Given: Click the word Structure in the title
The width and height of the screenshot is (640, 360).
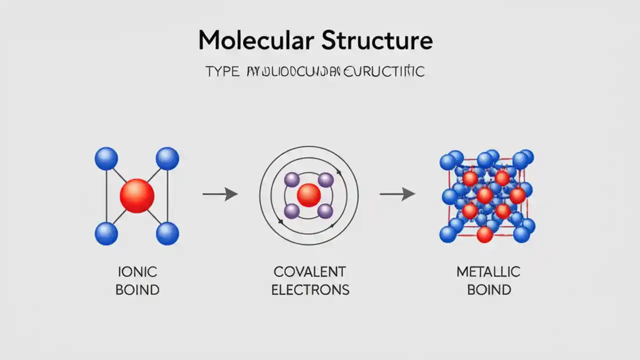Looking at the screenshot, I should pos(377,40).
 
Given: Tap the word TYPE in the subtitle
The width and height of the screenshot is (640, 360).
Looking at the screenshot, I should pos(222,71).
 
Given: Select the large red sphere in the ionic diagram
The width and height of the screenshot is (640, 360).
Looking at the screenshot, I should pos(137,195).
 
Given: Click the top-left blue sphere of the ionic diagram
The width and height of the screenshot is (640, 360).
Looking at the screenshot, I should pos(106,158).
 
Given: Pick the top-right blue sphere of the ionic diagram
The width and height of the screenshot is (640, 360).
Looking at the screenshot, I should pos(167,158).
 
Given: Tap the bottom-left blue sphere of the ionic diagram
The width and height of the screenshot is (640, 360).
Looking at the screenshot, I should pos(106,233).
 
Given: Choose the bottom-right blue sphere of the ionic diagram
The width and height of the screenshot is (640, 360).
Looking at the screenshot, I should pos(167,233).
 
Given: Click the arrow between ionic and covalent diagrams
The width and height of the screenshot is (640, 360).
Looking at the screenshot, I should pos(220,194).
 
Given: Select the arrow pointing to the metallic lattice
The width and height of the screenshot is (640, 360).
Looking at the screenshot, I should pos(397,194).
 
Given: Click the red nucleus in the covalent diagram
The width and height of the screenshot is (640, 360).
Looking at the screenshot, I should pos(308,195).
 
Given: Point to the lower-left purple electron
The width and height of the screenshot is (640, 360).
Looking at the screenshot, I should pos(291,211).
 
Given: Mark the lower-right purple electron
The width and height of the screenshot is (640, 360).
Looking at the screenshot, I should pos(325,211).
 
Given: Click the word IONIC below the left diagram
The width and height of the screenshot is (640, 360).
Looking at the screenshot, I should pos(137,272).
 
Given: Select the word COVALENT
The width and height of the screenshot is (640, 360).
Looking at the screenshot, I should pos(309,272).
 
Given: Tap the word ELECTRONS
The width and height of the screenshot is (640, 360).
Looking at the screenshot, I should pos(310,289).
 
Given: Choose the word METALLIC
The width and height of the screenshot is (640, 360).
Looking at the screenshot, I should pos(488,272).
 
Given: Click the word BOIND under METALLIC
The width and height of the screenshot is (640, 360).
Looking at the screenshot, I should pos(489,289).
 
